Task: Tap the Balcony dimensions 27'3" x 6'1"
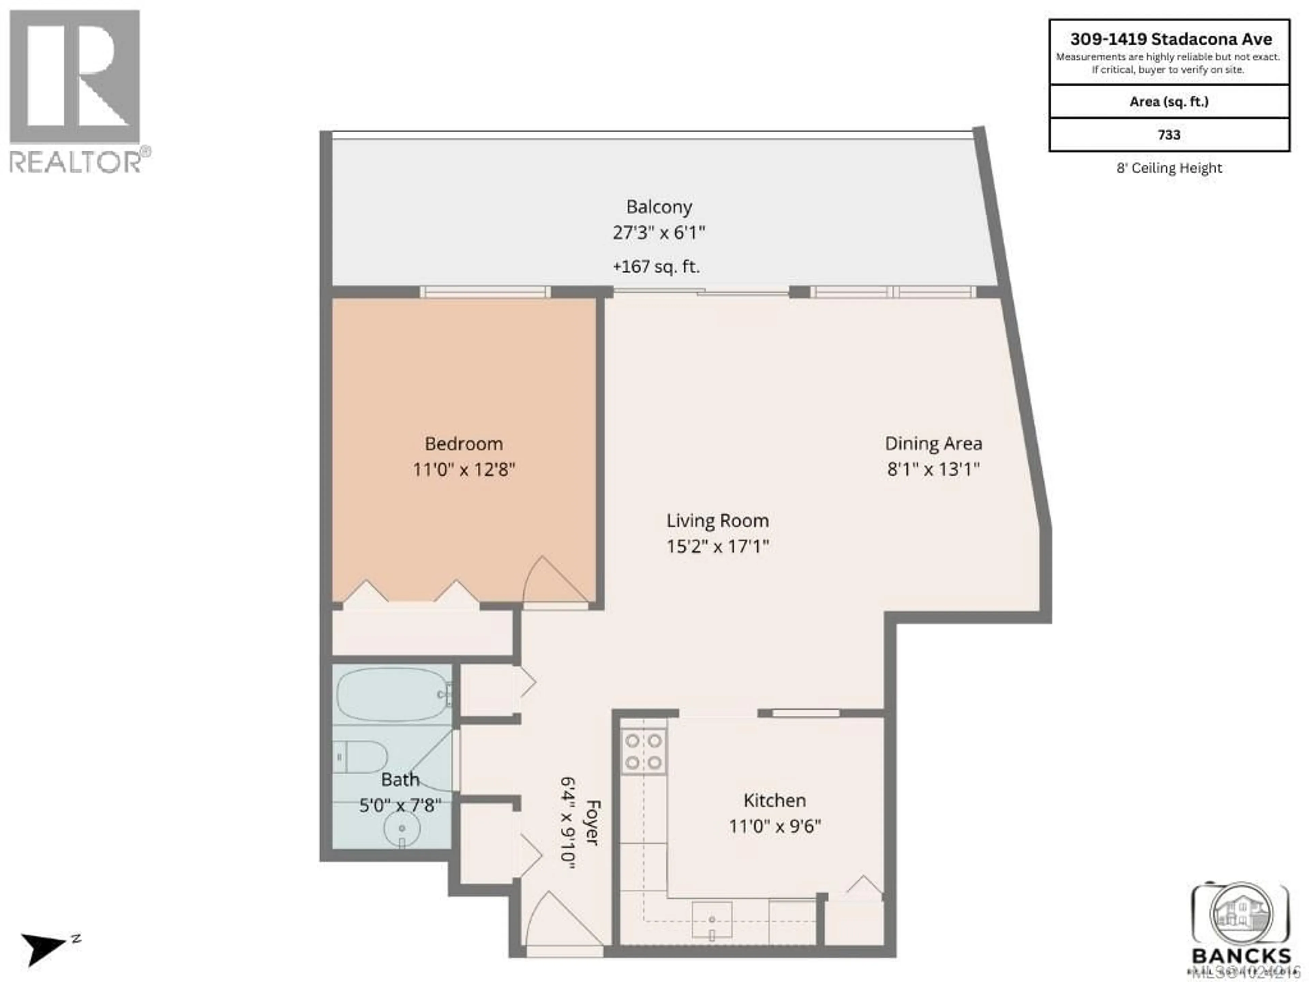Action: [659, 233]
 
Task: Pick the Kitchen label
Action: [774, 800]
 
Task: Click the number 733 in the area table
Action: [1169, 135]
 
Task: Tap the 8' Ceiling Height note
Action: [1169, 168]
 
